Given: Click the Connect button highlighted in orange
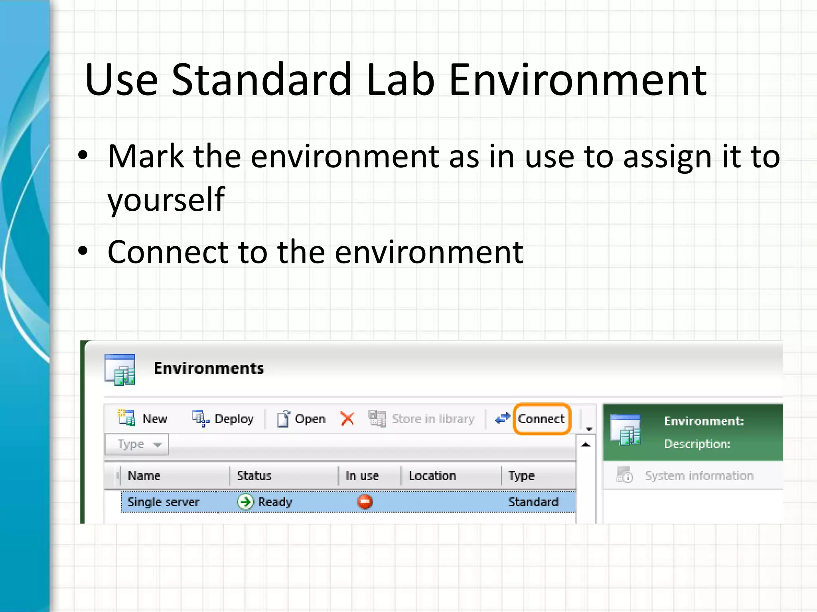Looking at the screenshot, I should [541, 419].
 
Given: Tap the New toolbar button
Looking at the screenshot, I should [143, 419].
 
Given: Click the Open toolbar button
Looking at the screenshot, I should [301, 419].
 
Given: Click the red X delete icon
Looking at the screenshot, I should [347, 419].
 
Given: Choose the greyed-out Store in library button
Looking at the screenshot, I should [422, 419].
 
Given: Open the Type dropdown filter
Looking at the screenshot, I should [137, 444].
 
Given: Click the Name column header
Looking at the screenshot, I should [144, 475].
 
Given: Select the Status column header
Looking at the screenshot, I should [254, 475].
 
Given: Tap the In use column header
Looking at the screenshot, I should [362, 475].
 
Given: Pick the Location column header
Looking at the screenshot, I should [432, 475].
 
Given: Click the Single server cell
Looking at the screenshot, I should [163, 502].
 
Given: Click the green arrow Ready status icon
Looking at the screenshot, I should [245, 502].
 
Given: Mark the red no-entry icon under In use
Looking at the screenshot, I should [365, 502].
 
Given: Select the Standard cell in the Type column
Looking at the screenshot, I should [533, 502].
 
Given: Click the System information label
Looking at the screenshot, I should [699, 476].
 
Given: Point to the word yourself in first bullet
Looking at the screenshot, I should [166, 199].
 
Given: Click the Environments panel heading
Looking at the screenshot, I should [209, 368].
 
